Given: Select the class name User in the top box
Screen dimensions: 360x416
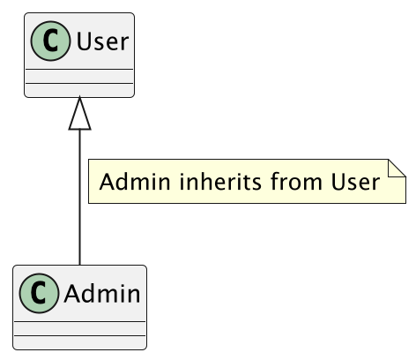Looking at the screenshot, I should [x=101, y=42].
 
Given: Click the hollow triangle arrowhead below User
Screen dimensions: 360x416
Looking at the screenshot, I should [x=80, y=113].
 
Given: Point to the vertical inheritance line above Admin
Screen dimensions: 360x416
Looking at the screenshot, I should [x=80, y=203].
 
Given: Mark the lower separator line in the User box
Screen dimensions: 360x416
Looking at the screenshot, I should [x=78, y=84].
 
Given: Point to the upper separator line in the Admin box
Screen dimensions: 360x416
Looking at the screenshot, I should [x=79, y=322].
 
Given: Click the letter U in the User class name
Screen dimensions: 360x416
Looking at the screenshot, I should [x=84, y=42].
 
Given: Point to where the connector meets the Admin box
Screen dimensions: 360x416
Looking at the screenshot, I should [x=80, y=265].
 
